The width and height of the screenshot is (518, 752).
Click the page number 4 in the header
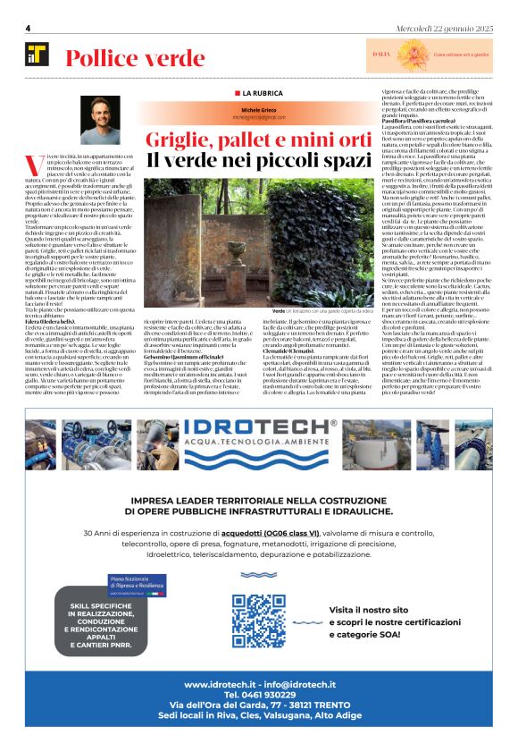[29, 29]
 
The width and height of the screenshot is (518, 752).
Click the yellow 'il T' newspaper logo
[38, 55]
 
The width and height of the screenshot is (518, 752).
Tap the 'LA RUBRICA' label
[261, 93]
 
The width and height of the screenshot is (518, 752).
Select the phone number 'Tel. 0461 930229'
[258, 694]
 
